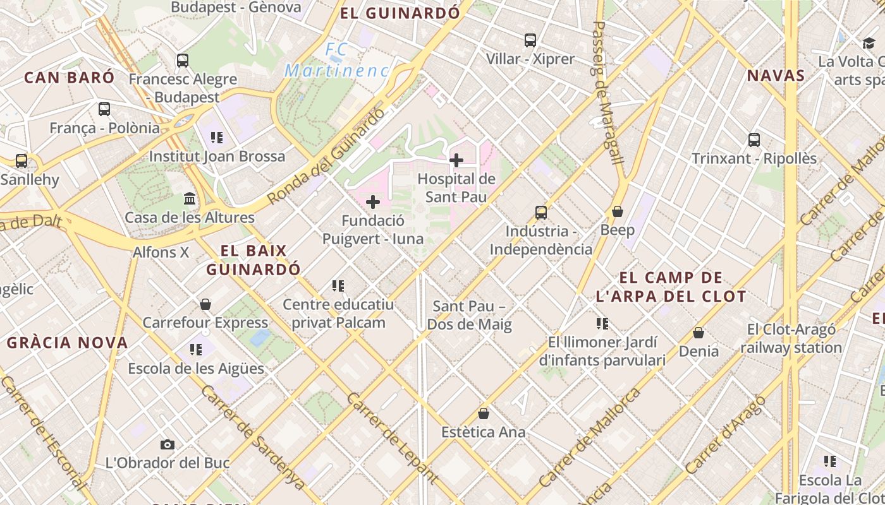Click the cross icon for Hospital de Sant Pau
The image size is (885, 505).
click(456, 160)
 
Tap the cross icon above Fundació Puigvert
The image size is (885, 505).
click(373, 202)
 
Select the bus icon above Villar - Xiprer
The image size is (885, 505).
click(530, 40)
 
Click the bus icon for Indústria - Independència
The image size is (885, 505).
click(541, 212)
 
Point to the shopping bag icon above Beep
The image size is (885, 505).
click(618, 211)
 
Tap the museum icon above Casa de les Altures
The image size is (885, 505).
click(189, 199)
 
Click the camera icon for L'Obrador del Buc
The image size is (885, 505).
click(167, 444)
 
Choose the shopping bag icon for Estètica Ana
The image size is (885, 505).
click(484, 413)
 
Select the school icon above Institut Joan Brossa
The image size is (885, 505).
click(217, 137)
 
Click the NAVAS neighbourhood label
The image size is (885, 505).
click(776, 76)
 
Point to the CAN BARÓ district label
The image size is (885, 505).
click(70, 78)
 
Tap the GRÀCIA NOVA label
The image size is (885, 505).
click(68, 343)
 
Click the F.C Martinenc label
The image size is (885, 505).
click(336, 60)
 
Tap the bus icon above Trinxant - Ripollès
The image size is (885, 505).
click(754, 140)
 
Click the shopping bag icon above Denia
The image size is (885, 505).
click(699, 332)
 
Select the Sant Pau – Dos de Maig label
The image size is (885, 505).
click(469, 316)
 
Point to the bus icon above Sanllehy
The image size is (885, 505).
click(21, 161)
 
